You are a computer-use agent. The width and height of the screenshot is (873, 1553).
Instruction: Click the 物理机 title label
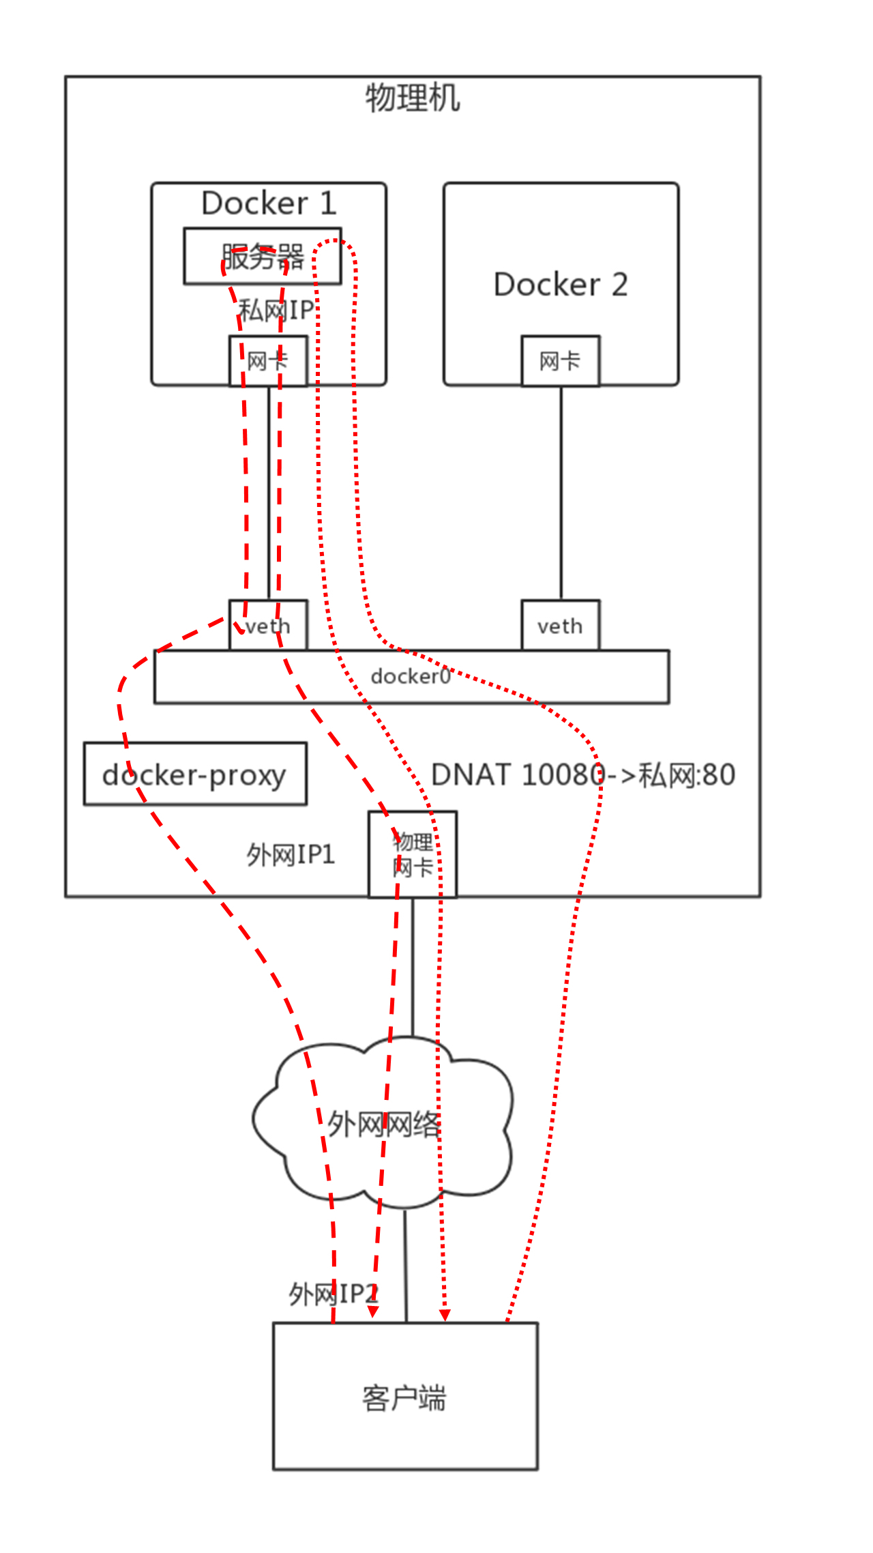pyautogui.click(x=413, y=98)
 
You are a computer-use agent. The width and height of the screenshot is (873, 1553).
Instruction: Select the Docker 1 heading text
pyautogui.click(x=269, y=203)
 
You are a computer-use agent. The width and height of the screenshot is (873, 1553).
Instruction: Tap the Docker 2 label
pyautogui.click(x=561, y=285)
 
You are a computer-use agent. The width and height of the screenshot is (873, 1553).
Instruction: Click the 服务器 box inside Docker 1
pyautogui.click(x=263, y=257)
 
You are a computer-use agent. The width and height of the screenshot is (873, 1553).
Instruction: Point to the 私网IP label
pyautogui.click(x=276, y=310)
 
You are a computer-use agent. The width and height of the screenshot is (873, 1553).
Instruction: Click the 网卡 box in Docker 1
pyautogui.click(x=268, y=361)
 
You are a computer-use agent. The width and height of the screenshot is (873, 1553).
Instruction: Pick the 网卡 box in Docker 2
pyautogui.click(x=561, y=361)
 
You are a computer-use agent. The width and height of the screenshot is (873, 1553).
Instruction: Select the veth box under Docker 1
pyautogui.click(x=268, y=626)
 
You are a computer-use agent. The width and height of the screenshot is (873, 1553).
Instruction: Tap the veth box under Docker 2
pyautogui.click(x=561, y=626)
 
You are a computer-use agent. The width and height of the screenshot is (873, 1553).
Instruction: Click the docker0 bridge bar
pyautogui.click(x=411, y=676)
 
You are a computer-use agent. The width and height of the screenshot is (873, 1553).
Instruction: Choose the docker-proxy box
pyautogui.click(x=195, y=774)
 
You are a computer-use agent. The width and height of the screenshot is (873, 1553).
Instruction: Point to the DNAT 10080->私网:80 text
pyautogui.click(x=583, y=775)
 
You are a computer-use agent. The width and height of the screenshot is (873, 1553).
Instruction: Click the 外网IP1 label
pyautogui.click(x=291, y=854)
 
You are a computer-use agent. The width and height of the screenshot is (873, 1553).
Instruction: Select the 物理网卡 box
pyautogui.click(x=413, y=854)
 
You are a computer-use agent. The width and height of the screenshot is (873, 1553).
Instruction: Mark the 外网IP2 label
pyautogui.click(x=333, y=1294)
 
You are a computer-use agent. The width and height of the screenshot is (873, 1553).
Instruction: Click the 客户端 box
pyautogui.click(x=405, y=1396)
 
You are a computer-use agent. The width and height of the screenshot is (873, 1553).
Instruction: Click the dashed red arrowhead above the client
pyautogui.click(x=373, y=1312)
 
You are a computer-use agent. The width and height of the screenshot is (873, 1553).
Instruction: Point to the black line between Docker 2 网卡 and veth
pyautogui.click(x=561, y=491)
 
